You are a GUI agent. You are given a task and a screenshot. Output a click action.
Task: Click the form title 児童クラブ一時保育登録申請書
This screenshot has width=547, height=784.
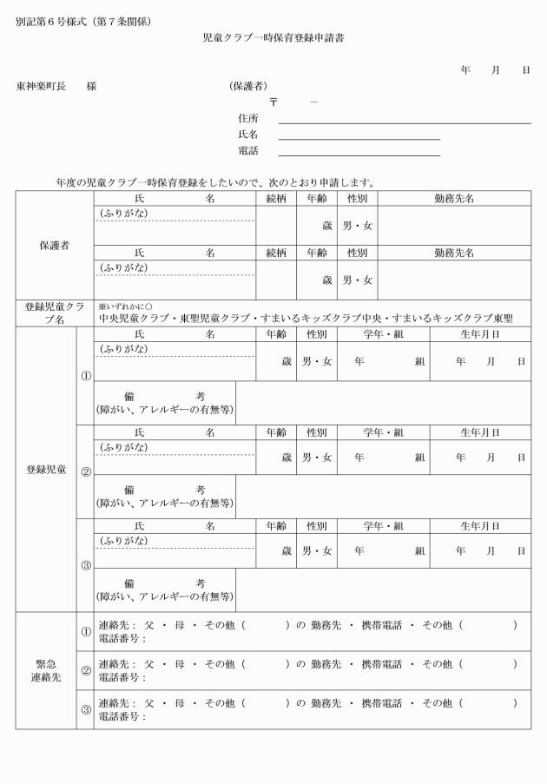(x=273, y=38)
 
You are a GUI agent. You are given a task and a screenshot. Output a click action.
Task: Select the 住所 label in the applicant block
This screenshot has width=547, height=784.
(x=248, y=118)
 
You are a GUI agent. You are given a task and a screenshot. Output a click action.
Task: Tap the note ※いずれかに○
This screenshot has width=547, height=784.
(x=125, y=306)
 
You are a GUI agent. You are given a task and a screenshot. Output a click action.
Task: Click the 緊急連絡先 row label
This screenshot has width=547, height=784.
(x=46, y=669)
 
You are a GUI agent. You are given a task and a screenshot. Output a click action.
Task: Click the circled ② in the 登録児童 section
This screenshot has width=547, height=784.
(x=85, y=472)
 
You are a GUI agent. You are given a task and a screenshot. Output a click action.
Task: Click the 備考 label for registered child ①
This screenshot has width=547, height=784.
(x=164, y=402)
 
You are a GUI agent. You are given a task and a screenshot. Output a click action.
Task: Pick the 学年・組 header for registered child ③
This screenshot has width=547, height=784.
(x=383, y=525)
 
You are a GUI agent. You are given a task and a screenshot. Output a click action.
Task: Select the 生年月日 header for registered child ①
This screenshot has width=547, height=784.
(x=480, y=334)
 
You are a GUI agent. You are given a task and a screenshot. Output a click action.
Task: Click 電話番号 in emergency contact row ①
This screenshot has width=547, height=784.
(x=121, y=638)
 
